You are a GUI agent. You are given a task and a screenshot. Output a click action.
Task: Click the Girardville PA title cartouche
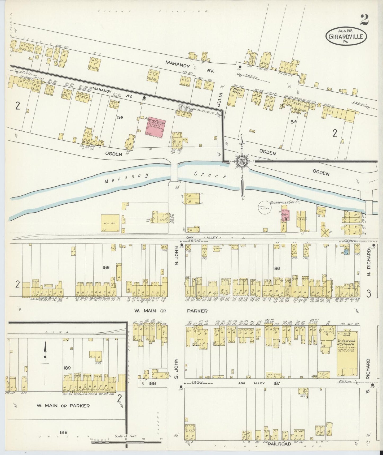[346, 36]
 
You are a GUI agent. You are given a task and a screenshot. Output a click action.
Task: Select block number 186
[276, 269]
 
